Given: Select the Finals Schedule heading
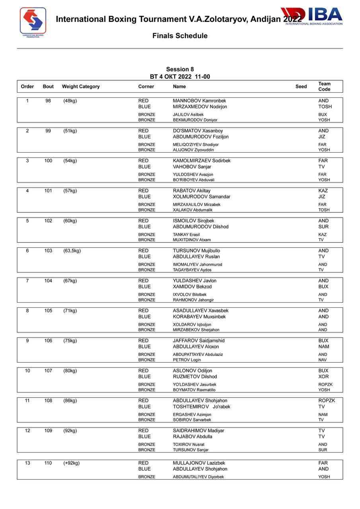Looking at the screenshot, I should [x=180, y=36].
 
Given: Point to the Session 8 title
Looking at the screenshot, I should [x=180, y=69].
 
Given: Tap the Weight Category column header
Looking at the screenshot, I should [x=81, y=87].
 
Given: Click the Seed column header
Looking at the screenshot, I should [x=301, y=87].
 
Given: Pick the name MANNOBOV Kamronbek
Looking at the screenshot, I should [x=199, y=101].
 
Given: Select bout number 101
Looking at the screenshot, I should [x=48, y=191].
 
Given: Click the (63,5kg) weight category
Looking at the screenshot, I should [x=72, y=251].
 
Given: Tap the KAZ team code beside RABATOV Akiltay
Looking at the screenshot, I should [x=323, y=191].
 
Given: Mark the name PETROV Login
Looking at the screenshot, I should [x=187, y=360].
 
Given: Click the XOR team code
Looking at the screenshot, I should [x=323, y=377].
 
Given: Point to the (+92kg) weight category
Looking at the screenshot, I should [x=71, y=463].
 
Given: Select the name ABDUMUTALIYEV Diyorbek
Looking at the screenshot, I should [x=198, y=477].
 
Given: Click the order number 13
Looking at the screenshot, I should [x=27, y=463].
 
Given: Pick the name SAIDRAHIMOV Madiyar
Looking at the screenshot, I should [x=198, y=431].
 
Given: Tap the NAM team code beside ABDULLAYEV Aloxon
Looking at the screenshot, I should [x=324, y=347].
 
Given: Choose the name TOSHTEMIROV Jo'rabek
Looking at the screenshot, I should [x=201, y=407].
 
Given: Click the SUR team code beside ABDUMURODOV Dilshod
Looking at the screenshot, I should [x=323, y=227].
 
